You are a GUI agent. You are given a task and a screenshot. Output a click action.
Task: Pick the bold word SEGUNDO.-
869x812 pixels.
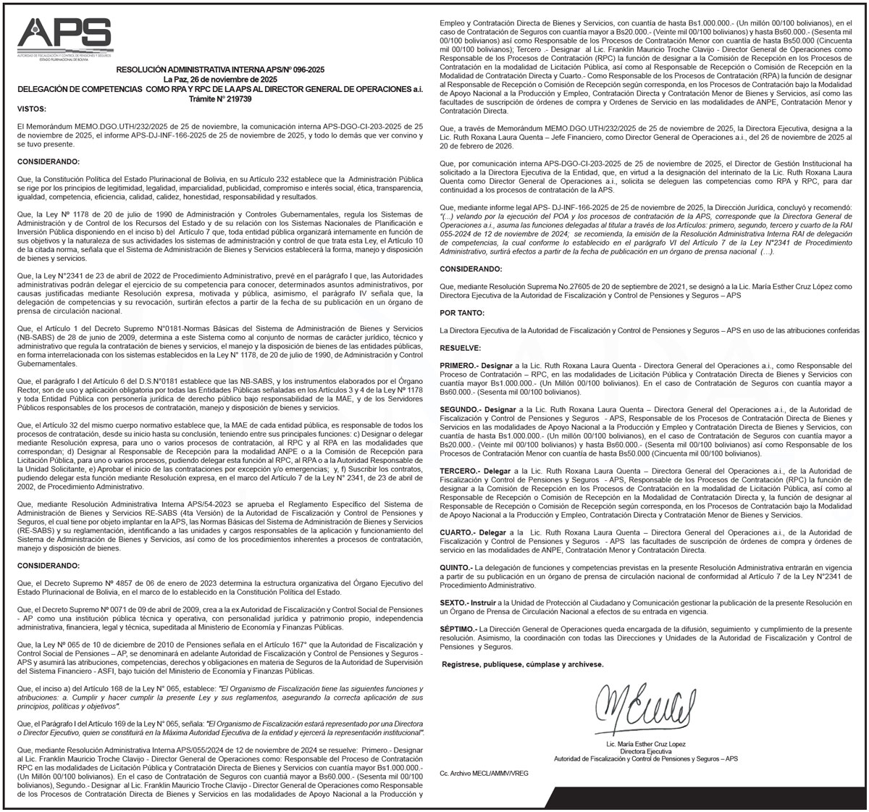(x=462, y=409)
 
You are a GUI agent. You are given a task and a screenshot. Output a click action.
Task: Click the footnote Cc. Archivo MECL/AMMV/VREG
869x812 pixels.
(x=484, y=774)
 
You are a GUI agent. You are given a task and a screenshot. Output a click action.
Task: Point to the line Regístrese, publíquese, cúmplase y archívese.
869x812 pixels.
(x=522, y=664)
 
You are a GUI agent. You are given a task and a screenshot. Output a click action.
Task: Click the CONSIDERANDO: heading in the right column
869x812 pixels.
(x=471, y=269)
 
